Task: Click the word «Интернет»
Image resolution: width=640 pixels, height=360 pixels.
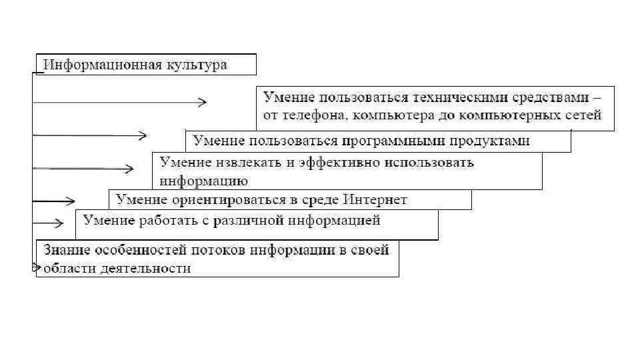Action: (x=375, y=199)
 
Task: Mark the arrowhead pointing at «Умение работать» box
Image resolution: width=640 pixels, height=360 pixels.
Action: (x=60, y=223)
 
